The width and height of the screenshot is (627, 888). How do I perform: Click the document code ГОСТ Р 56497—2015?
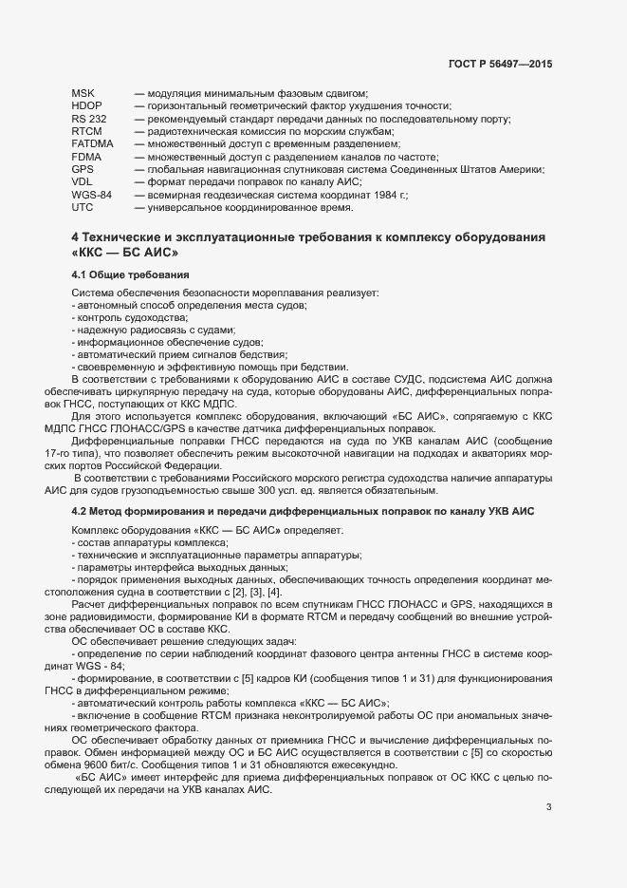click(x=500, y=64)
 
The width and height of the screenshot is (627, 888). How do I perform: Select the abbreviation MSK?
click(x=83, y=93)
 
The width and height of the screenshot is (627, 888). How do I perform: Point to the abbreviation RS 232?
click(x=89, y=119)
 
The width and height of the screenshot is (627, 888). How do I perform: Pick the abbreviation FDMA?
click(x=86, y=156)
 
